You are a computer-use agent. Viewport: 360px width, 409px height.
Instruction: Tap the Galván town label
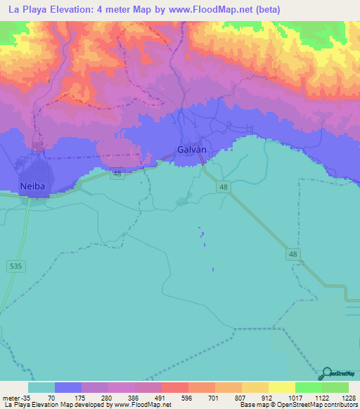pos(191,150)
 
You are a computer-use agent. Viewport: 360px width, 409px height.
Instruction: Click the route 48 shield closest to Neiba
pos(117,174)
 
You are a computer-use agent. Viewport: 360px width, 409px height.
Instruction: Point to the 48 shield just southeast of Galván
pos(224,187)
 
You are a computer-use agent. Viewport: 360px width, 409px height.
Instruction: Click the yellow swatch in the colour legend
pos(281,387)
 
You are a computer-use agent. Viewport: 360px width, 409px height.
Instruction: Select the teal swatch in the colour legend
pos(41,387)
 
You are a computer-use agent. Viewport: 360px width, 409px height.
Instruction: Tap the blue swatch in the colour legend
pos(68,387)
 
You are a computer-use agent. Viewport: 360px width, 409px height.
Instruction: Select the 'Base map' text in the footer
pos(251,405)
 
